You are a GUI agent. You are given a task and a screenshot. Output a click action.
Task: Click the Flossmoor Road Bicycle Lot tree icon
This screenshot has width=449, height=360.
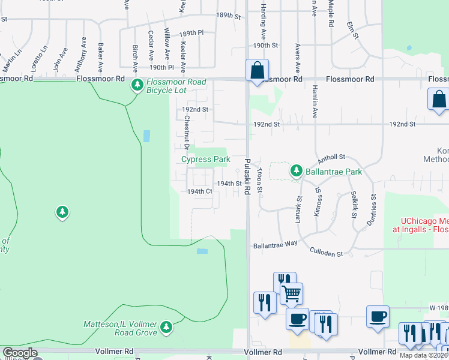click(x=137, y=86)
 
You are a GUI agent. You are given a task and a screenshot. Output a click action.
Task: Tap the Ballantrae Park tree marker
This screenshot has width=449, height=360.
click(x=296, y=171)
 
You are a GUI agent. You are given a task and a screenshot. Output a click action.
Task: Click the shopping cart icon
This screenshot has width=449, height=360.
click(x=291, y=293)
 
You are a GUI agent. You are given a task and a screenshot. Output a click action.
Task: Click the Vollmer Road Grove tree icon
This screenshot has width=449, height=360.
click(x=166, y=328)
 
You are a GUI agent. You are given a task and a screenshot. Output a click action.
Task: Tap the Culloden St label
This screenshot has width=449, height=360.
click(x=327, y=254)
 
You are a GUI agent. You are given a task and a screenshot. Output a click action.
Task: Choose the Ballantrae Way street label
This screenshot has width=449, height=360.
click(x=275, y=245)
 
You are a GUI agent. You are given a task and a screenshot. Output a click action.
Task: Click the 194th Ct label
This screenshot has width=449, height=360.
click(x=199, y=191)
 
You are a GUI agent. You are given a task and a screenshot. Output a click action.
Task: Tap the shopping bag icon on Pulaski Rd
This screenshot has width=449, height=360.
click(x=257, y=70)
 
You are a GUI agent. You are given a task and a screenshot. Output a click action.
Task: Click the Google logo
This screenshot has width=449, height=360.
click(x=20, y=353)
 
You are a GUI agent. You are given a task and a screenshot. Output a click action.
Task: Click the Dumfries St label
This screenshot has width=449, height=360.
click(x=373, y=205)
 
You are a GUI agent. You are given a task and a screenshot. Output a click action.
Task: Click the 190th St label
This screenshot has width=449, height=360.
click(x=265, y=45)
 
